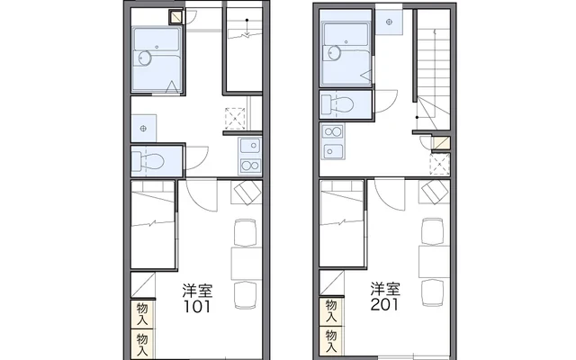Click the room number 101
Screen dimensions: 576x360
(197, 306)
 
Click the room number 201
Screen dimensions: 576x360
(384, 304)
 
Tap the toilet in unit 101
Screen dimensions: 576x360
(148, 161)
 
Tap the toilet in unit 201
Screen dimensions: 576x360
(337, 104)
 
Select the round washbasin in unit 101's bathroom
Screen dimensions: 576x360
(145, 58)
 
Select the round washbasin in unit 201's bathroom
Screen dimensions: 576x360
(335, 53)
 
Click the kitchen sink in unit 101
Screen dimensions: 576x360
(250, 146)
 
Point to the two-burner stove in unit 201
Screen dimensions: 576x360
(333, 132)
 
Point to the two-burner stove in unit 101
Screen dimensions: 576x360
(250, 166)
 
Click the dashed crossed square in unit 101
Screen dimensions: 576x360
(235, 118)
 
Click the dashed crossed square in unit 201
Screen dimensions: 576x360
(440, 164)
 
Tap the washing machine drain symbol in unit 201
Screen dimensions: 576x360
(390, 22)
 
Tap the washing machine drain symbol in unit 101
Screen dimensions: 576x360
(143, 129)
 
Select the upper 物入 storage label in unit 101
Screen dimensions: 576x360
(142, 314)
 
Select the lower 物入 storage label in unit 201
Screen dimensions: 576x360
(331, 341)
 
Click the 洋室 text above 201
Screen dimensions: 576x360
(385, 289)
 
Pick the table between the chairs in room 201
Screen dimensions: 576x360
(434, 262)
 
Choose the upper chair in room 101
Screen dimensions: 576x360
(246, 232)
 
